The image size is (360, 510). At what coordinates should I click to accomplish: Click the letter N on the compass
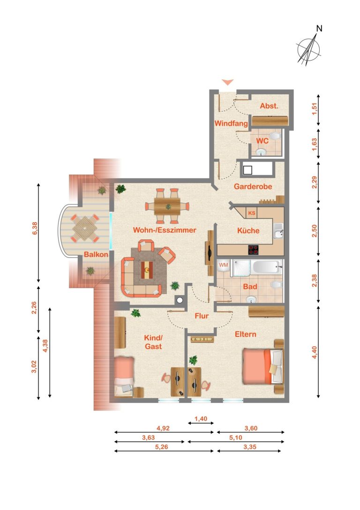(x=319, y=29)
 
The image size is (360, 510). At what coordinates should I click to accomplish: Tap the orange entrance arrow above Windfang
(x=227, y=82)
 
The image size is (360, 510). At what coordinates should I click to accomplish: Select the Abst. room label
(x=269, y=106)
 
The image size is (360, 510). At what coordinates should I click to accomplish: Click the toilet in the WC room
(x=275, y=136)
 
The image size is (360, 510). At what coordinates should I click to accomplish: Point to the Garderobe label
(x=253, y=187)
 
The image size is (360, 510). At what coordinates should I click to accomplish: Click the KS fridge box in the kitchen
(x=251, y=213)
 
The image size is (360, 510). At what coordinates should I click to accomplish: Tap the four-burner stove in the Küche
(x=254, y=250)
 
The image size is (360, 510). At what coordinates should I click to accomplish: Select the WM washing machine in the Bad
(x=224, y=266)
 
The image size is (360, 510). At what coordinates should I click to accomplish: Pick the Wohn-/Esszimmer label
(x=165, y=230)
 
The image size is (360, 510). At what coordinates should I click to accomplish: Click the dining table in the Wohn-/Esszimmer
(x=167, y=206)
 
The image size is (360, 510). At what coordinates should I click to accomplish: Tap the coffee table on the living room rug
(x=148, y=270)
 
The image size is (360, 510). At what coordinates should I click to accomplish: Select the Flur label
(x=202, y=316)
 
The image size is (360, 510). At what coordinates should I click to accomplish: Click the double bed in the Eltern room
(x=262, y=366)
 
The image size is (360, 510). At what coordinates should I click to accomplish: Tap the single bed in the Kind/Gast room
(x=124, y=377)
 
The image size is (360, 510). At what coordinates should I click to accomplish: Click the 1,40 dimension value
(x=201, y=419)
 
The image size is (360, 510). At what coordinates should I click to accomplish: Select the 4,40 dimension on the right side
(x=314, y=352)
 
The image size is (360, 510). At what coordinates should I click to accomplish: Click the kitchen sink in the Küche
(x=278, y=232)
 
